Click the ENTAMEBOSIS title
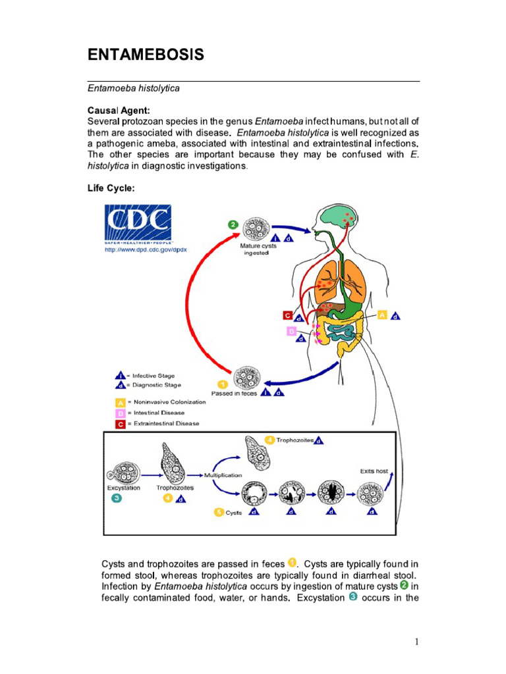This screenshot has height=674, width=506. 146,55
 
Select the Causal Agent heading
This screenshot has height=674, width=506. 123,111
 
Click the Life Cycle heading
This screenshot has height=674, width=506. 111,188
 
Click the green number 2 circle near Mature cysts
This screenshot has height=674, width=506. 233,224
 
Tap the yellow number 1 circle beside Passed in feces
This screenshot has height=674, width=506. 223,384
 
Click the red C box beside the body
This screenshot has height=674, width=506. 287,315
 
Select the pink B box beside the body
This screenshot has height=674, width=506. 291,331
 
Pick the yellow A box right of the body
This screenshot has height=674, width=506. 381,315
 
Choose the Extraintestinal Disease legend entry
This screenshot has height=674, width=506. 167,423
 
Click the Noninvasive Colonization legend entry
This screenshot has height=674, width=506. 169,402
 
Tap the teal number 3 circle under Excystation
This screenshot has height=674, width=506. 116,498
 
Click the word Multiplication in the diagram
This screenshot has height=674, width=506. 223,475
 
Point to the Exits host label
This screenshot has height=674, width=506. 374,471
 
